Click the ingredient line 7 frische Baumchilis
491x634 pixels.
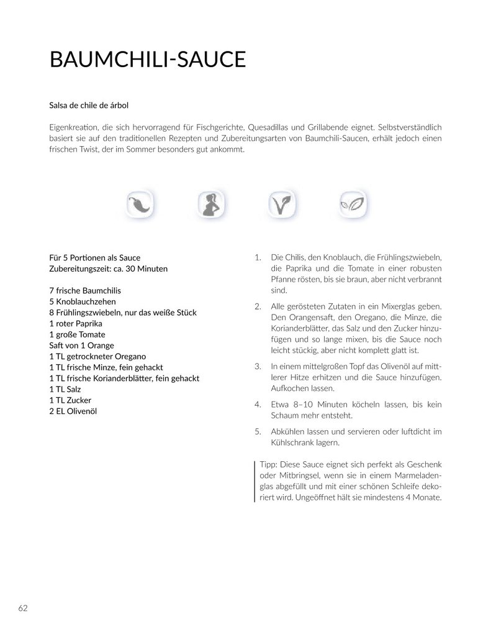pyautogui.click(x=84, y=291)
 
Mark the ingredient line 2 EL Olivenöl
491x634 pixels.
pyautogui.click(x=73, y=411)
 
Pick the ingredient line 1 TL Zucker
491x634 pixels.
pyautogui.click(x=70, y=400)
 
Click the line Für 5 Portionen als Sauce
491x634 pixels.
pyautogui.click(x=94, y=258)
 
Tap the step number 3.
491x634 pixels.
pyautogui.click(x=258, y=367)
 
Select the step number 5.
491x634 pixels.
pyautogui.click(x=258, y=431)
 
